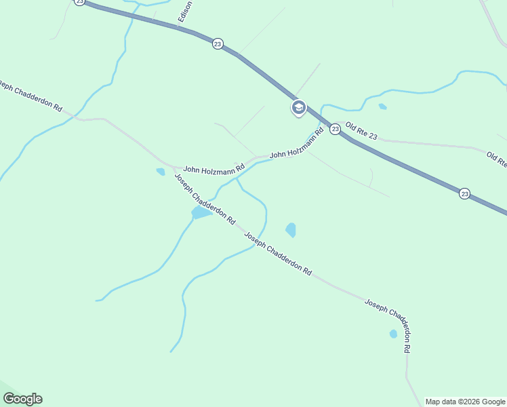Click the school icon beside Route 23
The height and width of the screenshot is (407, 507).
coord(298,108)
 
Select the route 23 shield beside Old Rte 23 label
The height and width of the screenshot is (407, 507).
coord(335,129)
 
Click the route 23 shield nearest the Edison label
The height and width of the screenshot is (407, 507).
coord(217,43)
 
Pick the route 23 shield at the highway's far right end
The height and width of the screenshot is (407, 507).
coord(464,193)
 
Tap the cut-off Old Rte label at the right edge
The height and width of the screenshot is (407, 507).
coord(497,160)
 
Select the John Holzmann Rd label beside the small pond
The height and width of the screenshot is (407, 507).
coord(214,168)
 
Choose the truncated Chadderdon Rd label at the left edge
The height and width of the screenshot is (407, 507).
coord(31,98)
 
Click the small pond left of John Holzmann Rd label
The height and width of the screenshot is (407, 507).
coord(161,172)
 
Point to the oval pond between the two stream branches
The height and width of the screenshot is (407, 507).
coord(291,230)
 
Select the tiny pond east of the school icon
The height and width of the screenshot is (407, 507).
coord(383,106)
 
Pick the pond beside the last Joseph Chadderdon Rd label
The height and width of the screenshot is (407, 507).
coord(393,334)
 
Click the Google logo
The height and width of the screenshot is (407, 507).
coord(22,399)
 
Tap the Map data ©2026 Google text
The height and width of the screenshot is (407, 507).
coord(465,402)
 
